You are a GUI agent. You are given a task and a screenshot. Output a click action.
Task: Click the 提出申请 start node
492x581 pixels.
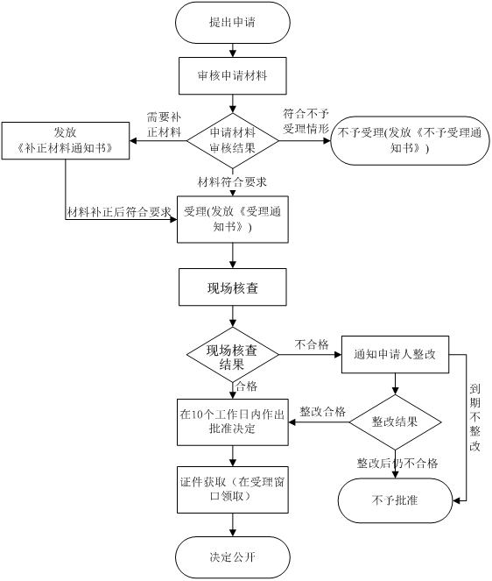click(x=233, y=22)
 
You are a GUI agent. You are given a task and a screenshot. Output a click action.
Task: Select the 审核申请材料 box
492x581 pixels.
click(x=233, y=75)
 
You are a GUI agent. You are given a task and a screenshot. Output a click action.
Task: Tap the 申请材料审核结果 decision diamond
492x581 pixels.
click(x=233, y=141)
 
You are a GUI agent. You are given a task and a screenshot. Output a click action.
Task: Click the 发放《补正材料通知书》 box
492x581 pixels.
click(x=66, y=141)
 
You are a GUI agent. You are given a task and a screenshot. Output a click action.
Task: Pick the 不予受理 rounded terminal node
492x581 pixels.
click(x=410, y=141)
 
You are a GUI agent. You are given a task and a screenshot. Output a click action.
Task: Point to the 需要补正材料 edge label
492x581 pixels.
click(x=164, y=124)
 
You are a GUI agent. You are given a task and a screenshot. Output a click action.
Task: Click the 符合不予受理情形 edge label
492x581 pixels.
click(x=306, y=121)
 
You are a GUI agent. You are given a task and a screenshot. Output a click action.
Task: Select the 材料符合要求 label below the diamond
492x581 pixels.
click(x=232, y=182)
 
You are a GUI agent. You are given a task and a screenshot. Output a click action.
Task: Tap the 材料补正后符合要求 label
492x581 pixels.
click(x=119, y=212)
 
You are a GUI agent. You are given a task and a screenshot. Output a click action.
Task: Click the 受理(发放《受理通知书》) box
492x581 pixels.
click(x=233, y=219)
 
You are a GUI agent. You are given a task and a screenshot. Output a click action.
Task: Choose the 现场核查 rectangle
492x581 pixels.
click(x=233, y=287)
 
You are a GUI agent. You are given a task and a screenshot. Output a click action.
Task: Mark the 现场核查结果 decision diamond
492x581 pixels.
click(x=233, y=355)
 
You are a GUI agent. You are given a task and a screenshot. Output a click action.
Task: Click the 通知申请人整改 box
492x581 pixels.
click(x=395, y=355)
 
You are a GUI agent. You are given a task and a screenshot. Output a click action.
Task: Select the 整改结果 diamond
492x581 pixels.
click(x=395, y=422)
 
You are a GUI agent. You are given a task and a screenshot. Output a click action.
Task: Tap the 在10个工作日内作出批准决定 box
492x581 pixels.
click(x=233, y=422)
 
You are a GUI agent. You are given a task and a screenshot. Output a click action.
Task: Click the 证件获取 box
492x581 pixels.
click(x=233, y=490)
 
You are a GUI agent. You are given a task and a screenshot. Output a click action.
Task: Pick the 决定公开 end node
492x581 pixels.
click(x=233, y=557)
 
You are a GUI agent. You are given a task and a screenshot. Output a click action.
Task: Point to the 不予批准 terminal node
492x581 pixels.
click(x=395, y=500)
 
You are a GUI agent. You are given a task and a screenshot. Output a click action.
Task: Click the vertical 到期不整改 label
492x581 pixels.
click(x=475, y=417)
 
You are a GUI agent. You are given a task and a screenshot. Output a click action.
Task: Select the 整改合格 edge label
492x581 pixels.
click(x=322, y=412)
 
